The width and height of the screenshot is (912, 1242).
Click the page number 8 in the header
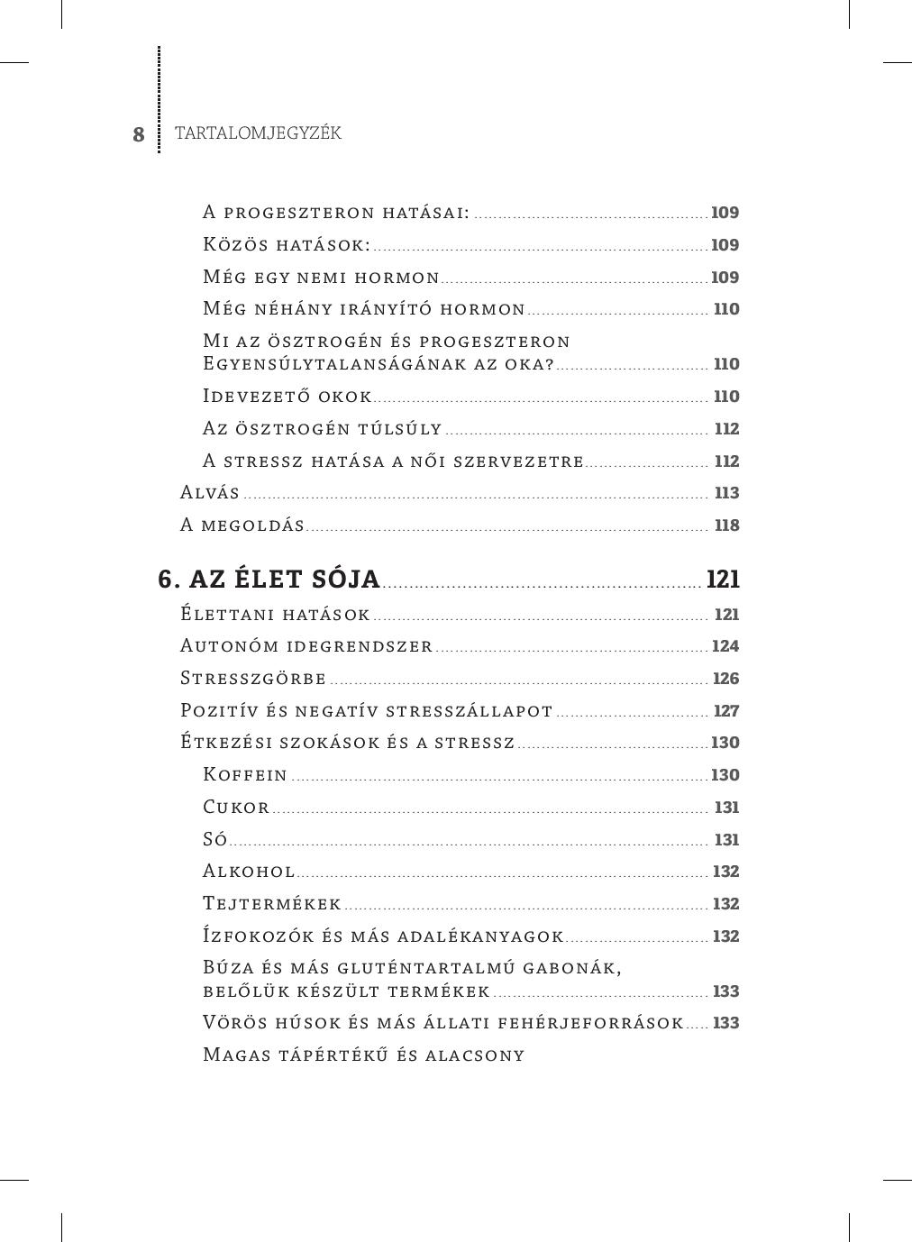click(x=139, y=135)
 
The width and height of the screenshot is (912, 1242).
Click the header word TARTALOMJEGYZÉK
click(x=258, y=133)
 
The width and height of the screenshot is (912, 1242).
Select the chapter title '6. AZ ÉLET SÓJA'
click(x=269, y=580)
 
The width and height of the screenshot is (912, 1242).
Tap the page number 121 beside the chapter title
click(x=723, y=580)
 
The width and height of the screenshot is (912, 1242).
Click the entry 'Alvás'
click(x=210, y=493)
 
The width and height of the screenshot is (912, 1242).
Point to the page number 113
click(x=726, y=493)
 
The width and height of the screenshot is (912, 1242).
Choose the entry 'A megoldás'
click(x=242, y=525)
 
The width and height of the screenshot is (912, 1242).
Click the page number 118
click(x=726, y=525)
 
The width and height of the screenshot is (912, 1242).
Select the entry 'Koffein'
click(x=245, y=775)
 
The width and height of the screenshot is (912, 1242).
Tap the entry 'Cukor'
click(x=236, y=808)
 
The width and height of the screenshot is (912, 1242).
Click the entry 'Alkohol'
click(x=249, y=872)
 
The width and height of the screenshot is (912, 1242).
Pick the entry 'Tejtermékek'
click(x=272, y=904)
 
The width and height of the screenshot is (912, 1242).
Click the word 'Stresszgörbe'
click(x=253, y=679)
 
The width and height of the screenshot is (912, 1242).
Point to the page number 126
click(x=725, y=679)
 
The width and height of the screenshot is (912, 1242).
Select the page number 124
click(x=725, y=646)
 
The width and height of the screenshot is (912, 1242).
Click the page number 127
click(x=726, y=711)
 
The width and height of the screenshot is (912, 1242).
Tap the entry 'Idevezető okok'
click(x=287, y=397)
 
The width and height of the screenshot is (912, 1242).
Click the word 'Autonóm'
click(x=229, y=646)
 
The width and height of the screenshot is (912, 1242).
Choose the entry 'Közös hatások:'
click(x=287, y=245)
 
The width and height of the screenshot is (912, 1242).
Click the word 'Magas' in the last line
click(x=234, y=1055)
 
